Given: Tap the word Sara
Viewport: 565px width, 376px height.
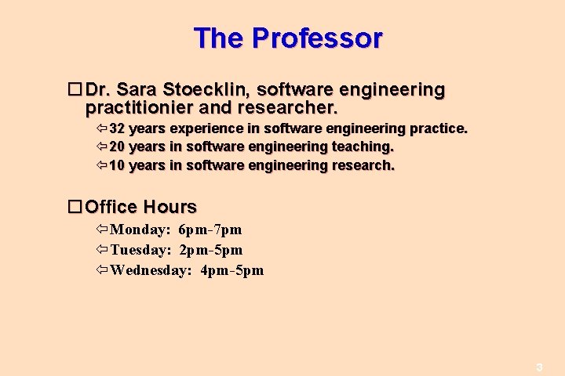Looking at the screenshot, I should coord(141,90).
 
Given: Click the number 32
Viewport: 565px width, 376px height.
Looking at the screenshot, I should coord(117,128).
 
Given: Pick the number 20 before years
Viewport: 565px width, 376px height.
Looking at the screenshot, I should coord(117,146).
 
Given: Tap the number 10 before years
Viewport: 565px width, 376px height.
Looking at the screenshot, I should coord(117,165).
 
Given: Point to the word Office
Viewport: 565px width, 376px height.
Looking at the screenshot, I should coord(111,207).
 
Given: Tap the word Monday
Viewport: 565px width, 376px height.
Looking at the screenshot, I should coord(140,230).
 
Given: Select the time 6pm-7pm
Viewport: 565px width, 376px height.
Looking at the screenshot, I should coord(210,230).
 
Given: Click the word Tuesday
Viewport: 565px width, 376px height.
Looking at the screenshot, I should coord(140,250).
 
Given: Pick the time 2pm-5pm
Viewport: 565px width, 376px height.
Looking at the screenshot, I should coord(211,250).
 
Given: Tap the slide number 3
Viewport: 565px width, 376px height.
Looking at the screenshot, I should coord(539,367).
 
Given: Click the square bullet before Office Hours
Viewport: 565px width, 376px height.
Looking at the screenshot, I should coord(75,207).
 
